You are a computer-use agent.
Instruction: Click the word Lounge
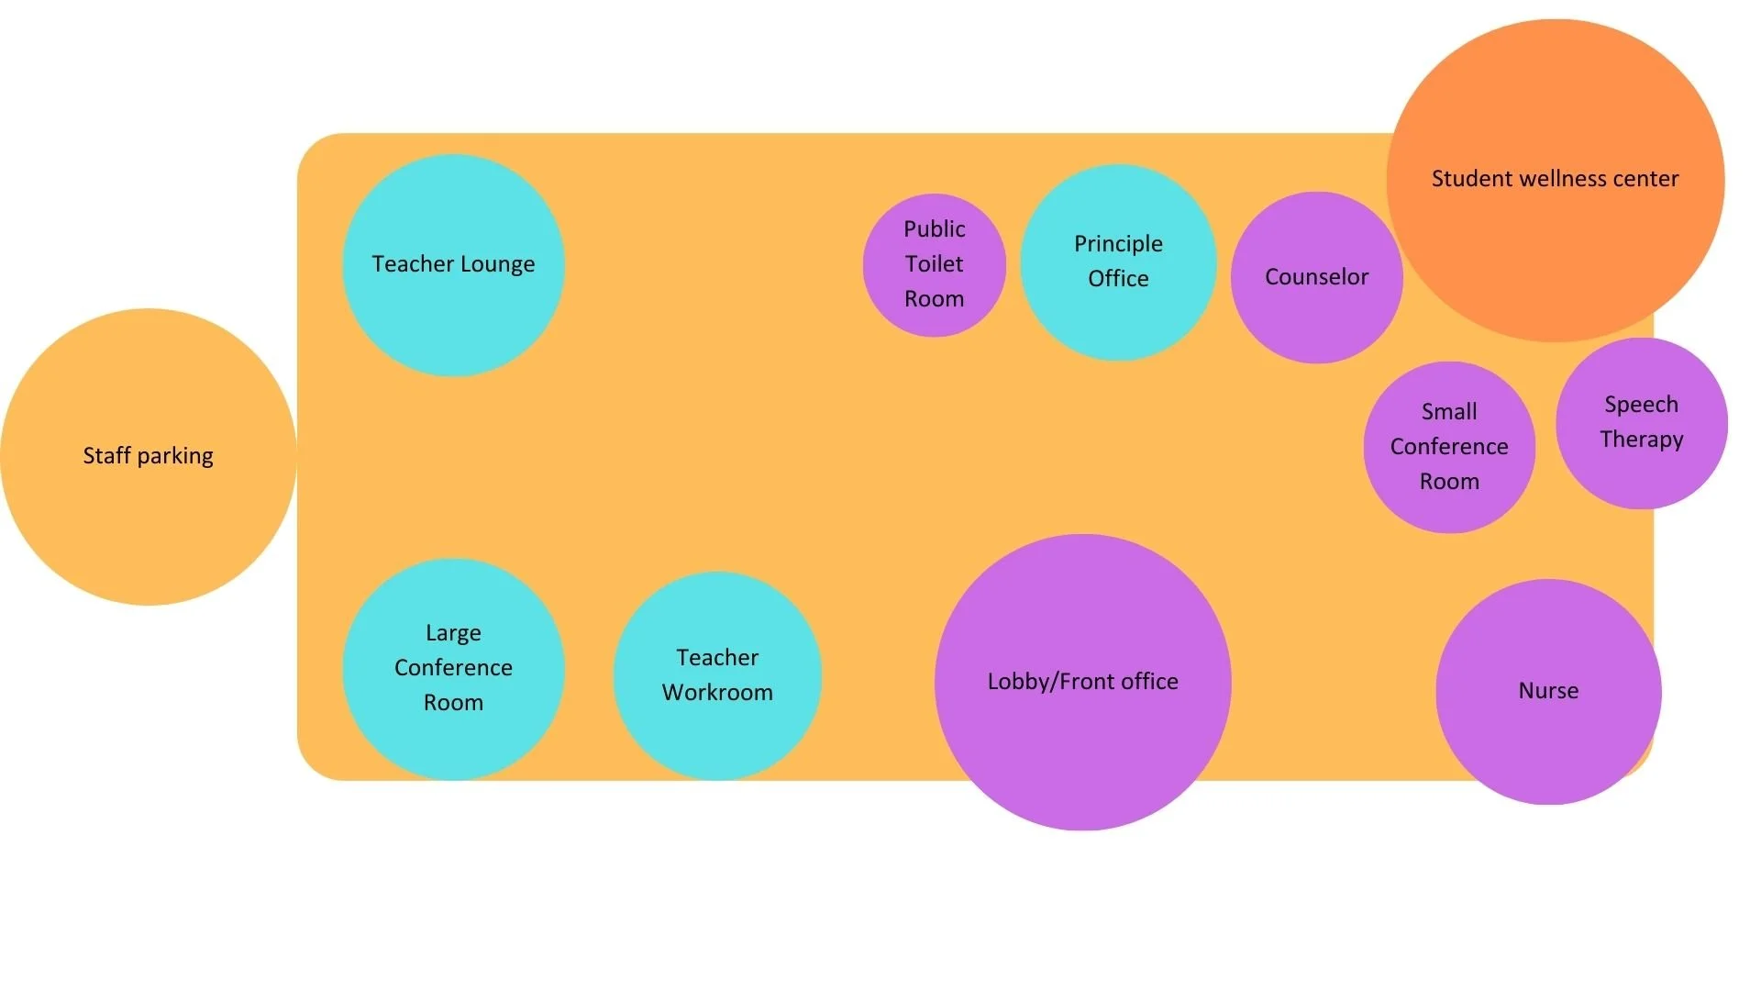click(498, 264)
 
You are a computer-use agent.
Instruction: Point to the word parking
click(175, 456)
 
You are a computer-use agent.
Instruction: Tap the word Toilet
click(934, 264)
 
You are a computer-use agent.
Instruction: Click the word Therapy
click(1642, 440)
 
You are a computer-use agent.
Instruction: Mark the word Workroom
click(717, 693)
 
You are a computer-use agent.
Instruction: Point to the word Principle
click(1118, 244)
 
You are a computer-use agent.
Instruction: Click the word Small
click(1449, 412)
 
